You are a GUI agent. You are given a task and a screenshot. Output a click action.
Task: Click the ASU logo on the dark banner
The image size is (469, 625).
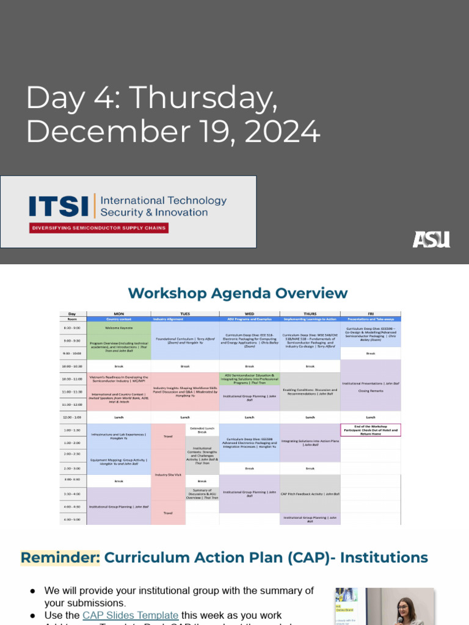point(431,239)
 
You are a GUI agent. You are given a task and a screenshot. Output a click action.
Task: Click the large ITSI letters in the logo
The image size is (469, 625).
point(59,206)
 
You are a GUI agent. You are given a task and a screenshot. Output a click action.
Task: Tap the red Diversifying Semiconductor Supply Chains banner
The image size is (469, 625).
point(98,228)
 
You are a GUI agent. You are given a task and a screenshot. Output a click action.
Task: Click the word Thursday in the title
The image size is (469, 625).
point(203,98)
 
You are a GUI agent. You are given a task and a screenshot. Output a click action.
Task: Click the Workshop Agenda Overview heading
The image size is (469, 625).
point(238,293)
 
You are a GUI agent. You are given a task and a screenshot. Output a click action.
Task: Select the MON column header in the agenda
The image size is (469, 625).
point(118,314)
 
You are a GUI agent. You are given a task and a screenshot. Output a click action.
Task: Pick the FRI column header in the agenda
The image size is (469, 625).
point(370,314)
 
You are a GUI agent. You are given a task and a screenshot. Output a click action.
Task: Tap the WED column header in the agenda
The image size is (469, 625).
point(249,314)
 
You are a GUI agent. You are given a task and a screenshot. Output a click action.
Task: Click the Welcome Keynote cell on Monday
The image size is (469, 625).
point(118,327)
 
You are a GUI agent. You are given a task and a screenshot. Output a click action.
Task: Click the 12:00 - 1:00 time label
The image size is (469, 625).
point(72,417)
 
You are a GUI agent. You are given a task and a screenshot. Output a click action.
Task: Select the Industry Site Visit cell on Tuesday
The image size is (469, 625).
point(168,474)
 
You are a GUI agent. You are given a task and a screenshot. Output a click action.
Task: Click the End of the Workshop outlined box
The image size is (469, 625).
point(370,430)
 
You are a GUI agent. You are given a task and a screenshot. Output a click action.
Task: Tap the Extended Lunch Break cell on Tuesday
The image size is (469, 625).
point(202,430)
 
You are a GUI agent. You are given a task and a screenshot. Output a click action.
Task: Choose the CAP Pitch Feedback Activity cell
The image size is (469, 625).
point(310,493)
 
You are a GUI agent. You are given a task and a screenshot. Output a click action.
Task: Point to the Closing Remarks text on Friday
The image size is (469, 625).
point(370,391)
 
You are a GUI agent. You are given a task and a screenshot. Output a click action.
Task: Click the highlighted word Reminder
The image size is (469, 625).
point(60,557)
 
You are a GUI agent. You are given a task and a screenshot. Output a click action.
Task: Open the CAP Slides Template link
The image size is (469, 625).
point(130,615)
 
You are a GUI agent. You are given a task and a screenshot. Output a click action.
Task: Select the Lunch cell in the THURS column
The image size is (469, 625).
point(310,417)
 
